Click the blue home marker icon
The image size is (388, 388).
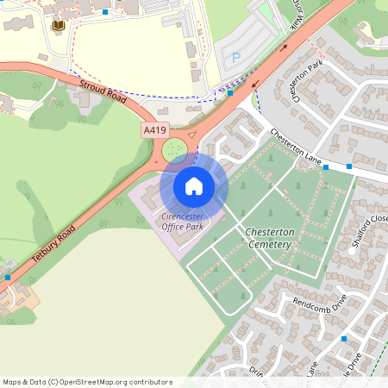(194, 185)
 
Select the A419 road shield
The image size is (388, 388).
(154, 129)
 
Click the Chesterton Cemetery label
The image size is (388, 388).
(270, 239)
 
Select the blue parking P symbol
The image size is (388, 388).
(236, 59)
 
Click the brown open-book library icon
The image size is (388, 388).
(59, 27)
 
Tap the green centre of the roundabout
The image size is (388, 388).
(175, 150)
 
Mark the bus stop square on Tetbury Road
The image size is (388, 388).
(8, 278)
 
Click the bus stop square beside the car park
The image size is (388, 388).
(230, 92)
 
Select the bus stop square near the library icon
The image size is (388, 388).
(105, 12)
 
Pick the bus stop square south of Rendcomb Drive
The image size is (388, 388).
(343, 339)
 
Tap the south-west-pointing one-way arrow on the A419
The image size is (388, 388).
(254, 84)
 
